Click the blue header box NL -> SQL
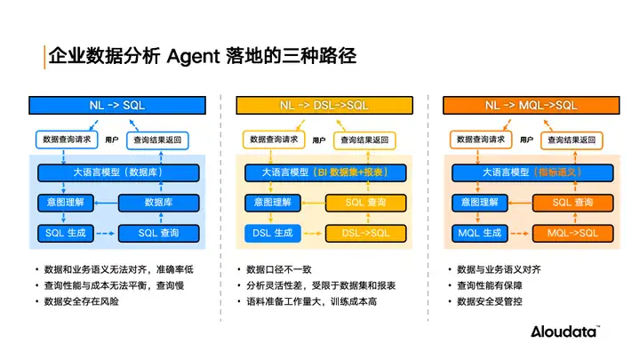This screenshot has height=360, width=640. point(117,105)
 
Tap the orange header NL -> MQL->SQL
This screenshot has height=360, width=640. point(531,105)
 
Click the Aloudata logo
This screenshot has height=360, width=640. point(564,332)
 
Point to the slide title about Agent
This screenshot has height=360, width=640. point(202,56)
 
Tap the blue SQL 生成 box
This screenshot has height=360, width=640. point(62,233)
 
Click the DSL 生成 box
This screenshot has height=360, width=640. point(268,233)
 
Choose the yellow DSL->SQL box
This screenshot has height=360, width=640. point(365,233)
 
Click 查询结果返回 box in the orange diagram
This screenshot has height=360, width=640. point(572,140)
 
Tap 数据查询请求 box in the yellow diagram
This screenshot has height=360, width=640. point(272,140)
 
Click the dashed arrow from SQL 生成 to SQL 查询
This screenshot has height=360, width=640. point(104,233)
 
